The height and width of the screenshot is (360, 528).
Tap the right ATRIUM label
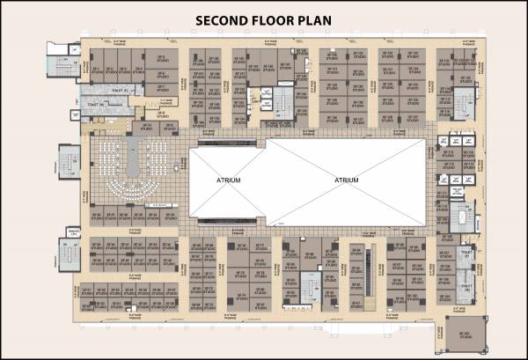coord(347,180)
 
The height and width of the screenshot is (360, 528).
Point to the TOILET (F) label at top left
coord(121,90)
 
